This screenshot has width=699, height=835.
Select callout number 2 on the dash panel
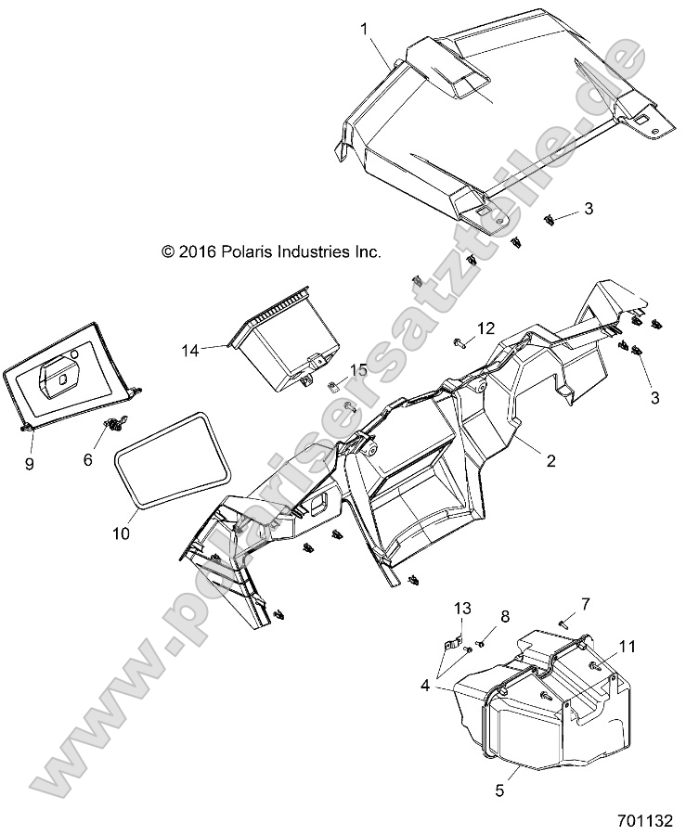[550, 459]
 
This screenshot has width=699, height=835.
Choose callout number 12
[486, 328]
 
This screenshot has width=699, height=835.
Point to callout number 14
[190, 350]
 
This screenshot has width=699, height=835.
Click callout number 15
[332, 370]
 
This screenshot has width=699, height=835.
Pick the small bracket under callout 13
[455, 641]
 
